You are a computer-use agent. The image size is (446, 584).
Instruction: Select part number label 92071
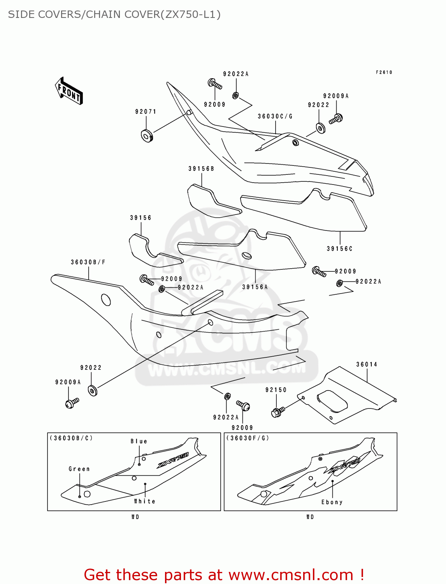[x=146, y=112]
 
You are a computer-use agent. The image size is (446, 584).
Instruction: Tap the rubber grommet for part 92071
[x=147, y=136]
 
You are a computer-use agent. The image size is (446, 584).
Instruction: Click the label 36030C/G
[x=275, y=116]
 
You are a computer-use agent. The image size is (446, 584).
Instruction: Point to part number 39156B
[x=201, y=169]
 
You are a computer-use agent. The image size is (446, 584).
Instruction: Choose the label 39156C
[x=339, y=249]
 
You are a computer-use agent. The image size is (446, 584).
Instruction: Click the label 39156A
[x=255, y=287]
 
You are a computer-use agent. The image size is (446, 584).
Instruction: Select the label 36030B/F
[x=88, y=262]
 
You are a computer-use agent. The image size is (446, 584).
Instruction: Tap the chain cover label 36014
[x=367, y=365]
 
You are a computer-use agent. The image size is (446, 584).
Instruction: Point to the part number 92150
[x=276, y=390]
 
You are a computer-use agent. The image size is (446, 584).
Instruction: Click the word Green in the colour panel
[x=79, y=469]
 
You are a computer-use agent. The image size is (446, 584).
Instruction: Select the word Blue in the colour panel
[x=139, y=442]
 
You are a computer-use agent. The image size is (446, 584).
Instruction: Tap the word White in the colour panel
[x=144, y=501]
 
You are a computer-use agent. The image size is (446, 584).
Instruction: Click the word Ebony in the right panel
[x=332, y=502]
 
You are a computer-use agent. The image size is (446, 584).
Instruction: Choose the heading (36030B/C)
[x=71, y=438]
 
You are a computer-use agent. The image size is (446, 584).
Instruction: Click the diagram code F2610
[x=384, y=72]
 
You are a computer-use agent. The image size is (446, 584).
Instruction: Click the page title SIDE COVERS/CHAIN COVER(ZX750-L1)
[x=114, y=14]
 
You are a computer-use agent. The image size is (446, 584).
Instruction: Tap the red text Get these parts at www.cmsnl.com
[x=224, y=575]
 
